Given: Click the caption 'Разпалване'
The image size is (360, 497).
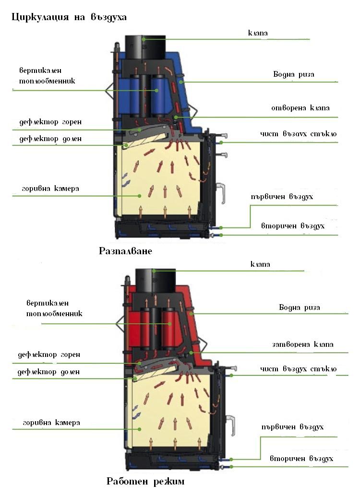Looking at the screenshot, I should click(125, 251).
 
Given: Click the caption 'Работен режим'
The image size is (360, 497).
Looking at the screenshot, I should click(145, 481).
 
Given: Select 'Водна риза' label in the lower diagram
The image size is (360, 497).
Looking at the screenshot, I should click(300, 307).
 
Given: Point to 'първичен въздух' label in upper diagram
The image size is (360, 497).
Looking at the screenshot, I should click(281, 197).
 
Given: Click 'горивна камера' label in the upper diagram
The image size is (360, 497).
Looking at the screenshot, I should click(49, 188).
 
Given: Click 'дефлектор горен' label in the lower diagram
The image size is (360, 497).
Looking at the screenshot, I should click(49, 355).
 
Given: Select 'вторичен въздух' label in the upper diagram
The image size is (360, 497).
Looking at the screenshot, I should click(293, 225).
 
